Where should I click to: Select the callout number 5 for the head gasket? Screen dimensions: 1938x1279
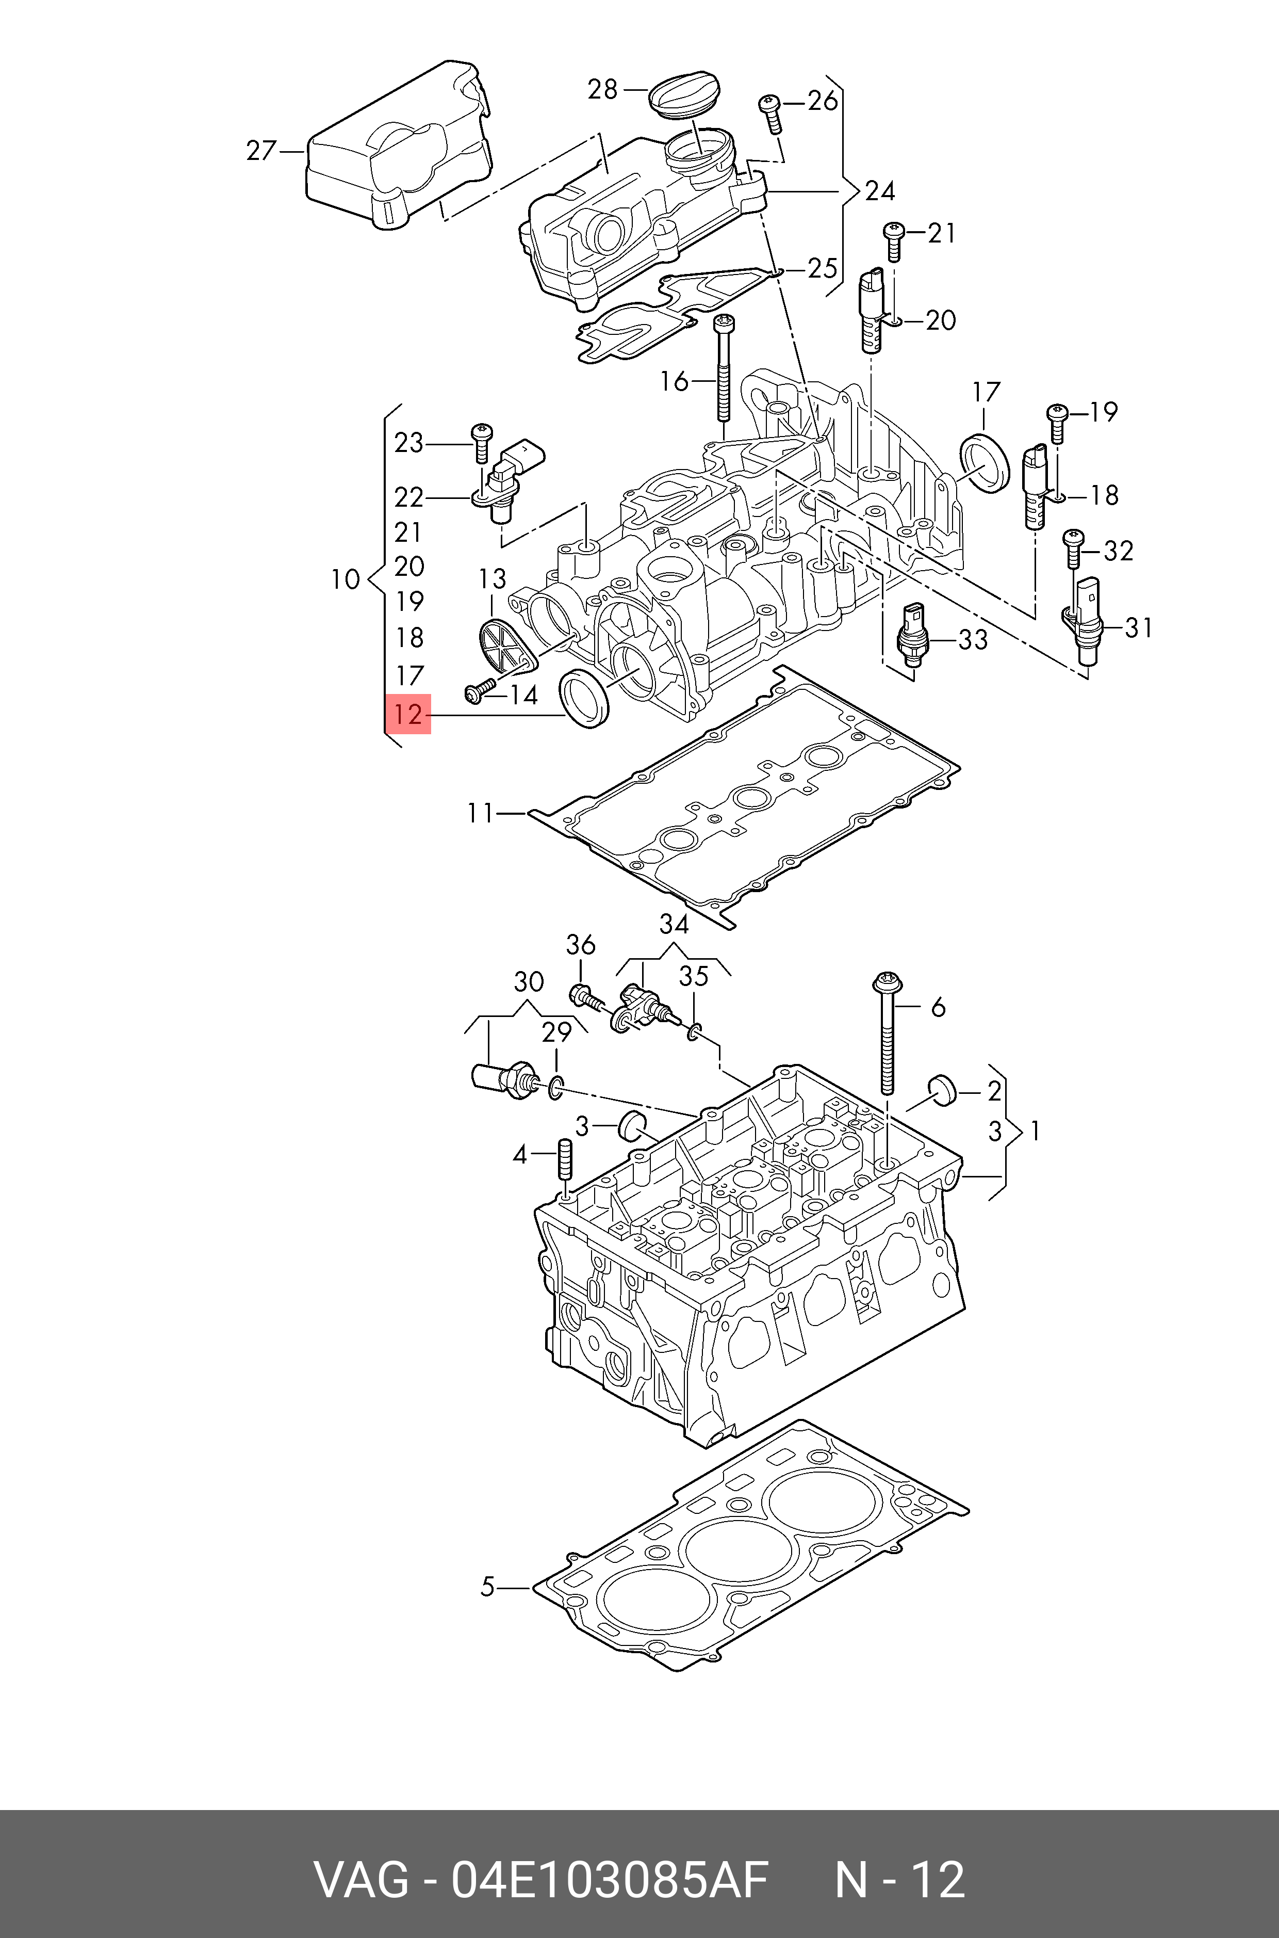pos(487,1587)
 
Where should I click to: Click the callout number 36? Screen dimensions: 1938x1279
pos(580,944)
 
